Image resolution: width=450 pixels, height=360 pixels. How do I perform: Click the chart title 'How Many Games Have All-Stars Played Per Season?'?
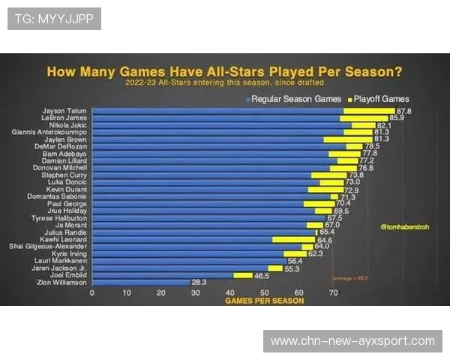[225, 72]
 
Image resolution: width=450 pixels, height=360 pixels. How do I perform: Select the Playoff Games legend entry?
[378, 98]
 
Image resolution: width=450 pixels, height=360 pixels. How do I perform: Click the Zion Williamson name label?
[62, 283]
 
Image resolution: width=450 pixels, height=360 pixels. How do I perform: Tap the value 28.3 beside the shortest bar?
[199, 283]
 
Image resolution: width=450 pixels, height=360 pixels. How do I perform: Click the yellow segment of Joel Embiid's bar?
[243, 275]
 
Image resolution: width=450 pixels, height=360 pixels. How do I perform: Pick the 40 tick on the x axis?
[230, 293]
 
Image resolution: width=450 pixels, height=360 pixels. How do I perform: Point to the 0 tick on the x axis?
[92, 293]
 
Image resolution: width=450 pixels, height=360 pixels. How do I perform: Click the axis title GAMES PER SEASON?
[265, 301]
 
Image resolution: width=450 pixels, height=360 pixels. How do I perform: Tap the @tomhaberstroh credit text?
[404, 223]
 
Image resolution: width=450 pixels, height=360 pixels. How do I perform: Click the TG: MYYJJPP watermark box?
[54, 18]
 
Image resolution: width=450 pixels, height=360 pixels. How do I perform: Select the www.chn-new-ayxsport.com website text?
[352, 341]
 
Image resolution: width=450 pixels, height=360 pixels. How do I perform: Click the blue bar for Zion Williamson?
[140, 283]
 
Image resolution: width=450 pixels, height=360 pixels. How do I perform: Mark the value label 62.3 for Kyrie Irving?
[316, 253]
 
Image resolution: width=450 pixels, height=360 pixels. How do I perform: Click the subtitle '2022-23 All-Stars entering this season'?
[225, 82]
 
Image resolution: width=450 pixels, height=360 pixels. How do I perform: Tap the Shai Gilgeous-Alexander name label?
[48, 247]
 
